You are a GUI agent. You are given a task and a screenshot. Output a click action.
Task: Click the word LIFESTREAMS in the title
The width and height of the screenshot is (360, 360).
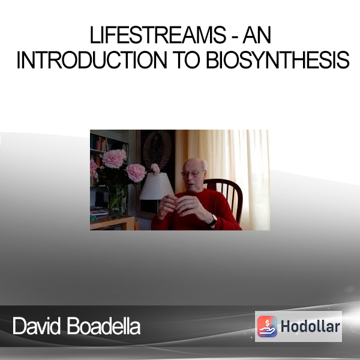[x=158, y=35]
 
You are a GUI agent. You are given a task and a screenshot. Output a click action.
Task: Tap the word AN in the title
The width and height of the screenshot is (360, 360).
[x=257, y=35]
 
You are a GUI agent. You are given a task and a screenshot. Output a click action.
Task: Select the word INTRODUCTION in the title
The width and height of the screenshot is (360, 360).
[x=92, y=59]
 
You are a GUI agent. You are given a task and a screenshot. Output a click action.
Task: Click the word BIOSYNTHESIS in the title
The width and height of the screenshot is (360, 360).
[x=278, y=59]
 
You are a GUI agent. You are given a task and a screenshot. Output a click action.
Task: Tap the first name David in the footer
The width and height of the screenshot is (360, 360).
[x=37, y=326]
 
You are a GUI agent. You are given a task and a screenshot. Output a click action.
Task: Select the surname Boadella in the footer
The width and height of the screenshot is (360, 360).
[x=104, y=326]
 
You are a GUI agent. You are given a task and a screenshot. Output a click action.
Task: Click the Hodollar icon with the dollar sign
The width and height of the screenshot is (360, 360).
[x=267, y=326]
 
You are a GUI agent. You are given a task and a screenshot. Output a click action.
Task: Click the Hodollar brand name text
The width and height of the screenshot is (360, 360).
[x=310, y=326]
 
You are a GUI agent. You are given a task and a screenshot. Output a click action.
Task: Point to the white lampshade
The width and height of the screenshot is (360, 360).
[x=157, y=186]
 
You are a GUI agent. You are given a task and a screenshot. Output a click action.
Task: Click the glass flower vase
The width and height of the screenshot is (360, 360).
[x=118, y=201]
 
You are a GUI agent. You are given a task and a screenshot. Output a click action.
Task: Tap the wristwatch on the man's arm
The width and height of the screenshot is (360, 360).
[x=212, y=220]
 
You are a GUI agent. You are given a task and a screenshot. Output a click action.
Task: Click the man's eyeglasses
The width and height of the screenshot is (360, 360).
[x=191, y=173]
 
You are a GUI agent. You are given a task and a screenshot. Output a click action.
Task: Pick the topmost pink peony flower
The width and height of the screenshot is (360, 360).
[x=115, y=158]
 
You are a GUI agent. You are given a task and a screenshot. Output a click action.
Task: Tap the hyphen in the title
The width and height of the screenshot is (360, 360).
[x=235, y=37]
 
